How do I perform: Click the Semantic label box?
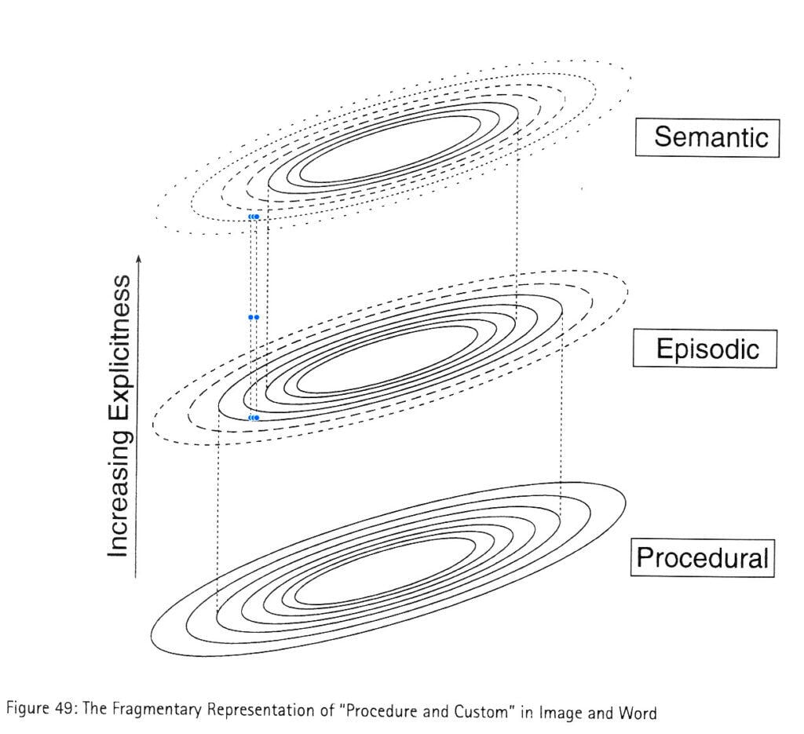707,138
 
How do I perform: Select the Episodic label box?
704,349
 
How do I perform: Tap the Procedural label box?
703,557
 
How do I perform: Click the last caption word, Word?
638,713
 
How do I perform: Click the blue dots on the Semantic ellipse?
254,217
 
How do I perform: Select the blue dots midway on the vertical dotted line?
254,317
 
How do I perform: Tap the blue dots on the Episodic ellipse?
254,418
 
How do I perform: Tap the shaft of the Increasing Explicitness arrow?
137,416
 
